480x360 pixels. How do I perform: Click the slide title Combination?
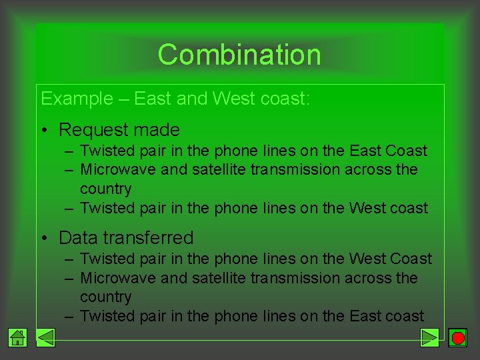[239, 55]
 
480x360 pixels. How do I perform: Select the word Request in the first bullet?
[93, 129]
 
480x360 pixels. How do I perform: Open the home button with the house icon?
[18, 337]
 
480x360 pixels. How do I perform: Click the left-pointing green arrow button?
[45, 337]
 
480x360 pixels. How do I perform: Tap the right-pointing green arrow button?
[430, 337]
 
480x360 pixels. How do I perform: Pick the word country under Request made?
[105, 189]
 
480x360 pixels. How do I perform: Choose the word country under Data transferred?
[105, 297]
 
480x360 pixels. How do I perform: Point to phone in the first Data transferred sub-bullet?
[236, 259]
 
